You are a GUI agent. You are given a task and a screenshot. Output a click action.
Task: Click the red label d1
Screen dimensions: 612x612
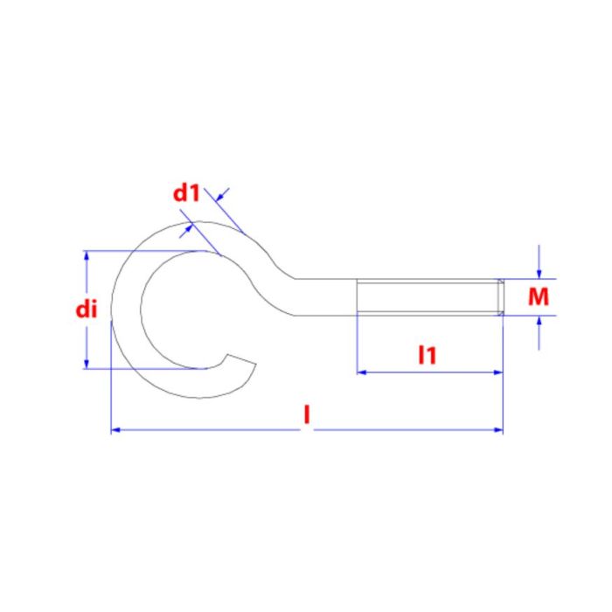point(186,193)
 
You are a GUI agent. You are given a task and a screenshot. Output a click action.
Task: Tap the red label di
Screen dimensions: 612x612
point(87,309)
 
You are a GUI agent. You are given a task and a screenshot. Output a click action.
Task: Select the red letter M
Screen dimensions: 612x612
point(539,296)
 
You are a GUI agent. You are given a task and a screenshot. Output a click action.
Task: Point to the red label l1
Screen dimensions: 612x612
point(427,355)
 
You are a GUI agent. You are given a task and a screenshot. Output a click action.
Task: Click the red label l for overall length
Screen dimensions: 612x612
point(307,414)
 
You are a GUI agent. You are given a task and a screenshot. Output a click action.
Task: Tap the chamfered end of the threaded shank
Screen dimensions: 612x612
point(500,297)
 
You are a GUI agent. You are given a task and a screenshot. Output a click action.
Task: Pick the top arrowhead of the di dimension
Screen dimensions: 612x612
point(87,255)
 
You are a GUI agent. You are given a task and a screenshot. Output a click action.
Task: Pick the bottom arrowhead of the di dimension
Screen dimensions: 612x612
point(87,364)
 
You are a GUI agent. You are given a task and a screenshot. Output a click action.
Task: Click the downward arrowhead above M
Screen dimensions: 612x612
point(539,274)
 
